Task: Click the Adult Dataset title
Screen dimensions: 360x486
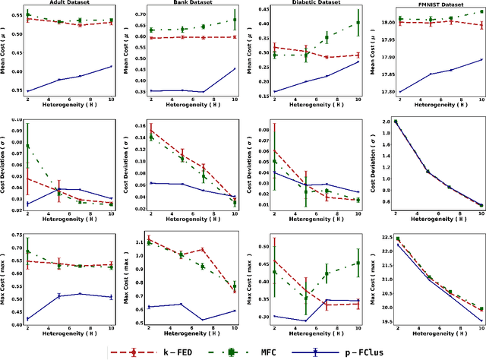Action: click(70, 4)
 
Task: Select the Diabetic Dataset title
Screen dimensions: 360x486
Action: click(310, 4)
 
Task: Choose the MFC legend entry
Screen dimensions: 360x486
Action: click(276, 352)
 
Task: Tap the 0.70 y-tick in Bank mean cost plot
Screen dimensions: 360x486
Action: click(143, 14)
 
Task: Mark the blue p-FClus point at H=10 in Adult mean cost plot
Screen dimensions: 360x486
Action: click(111, 67)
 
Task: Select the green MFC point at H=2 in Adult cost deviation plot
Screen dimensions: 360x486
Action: click(28, 147)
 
